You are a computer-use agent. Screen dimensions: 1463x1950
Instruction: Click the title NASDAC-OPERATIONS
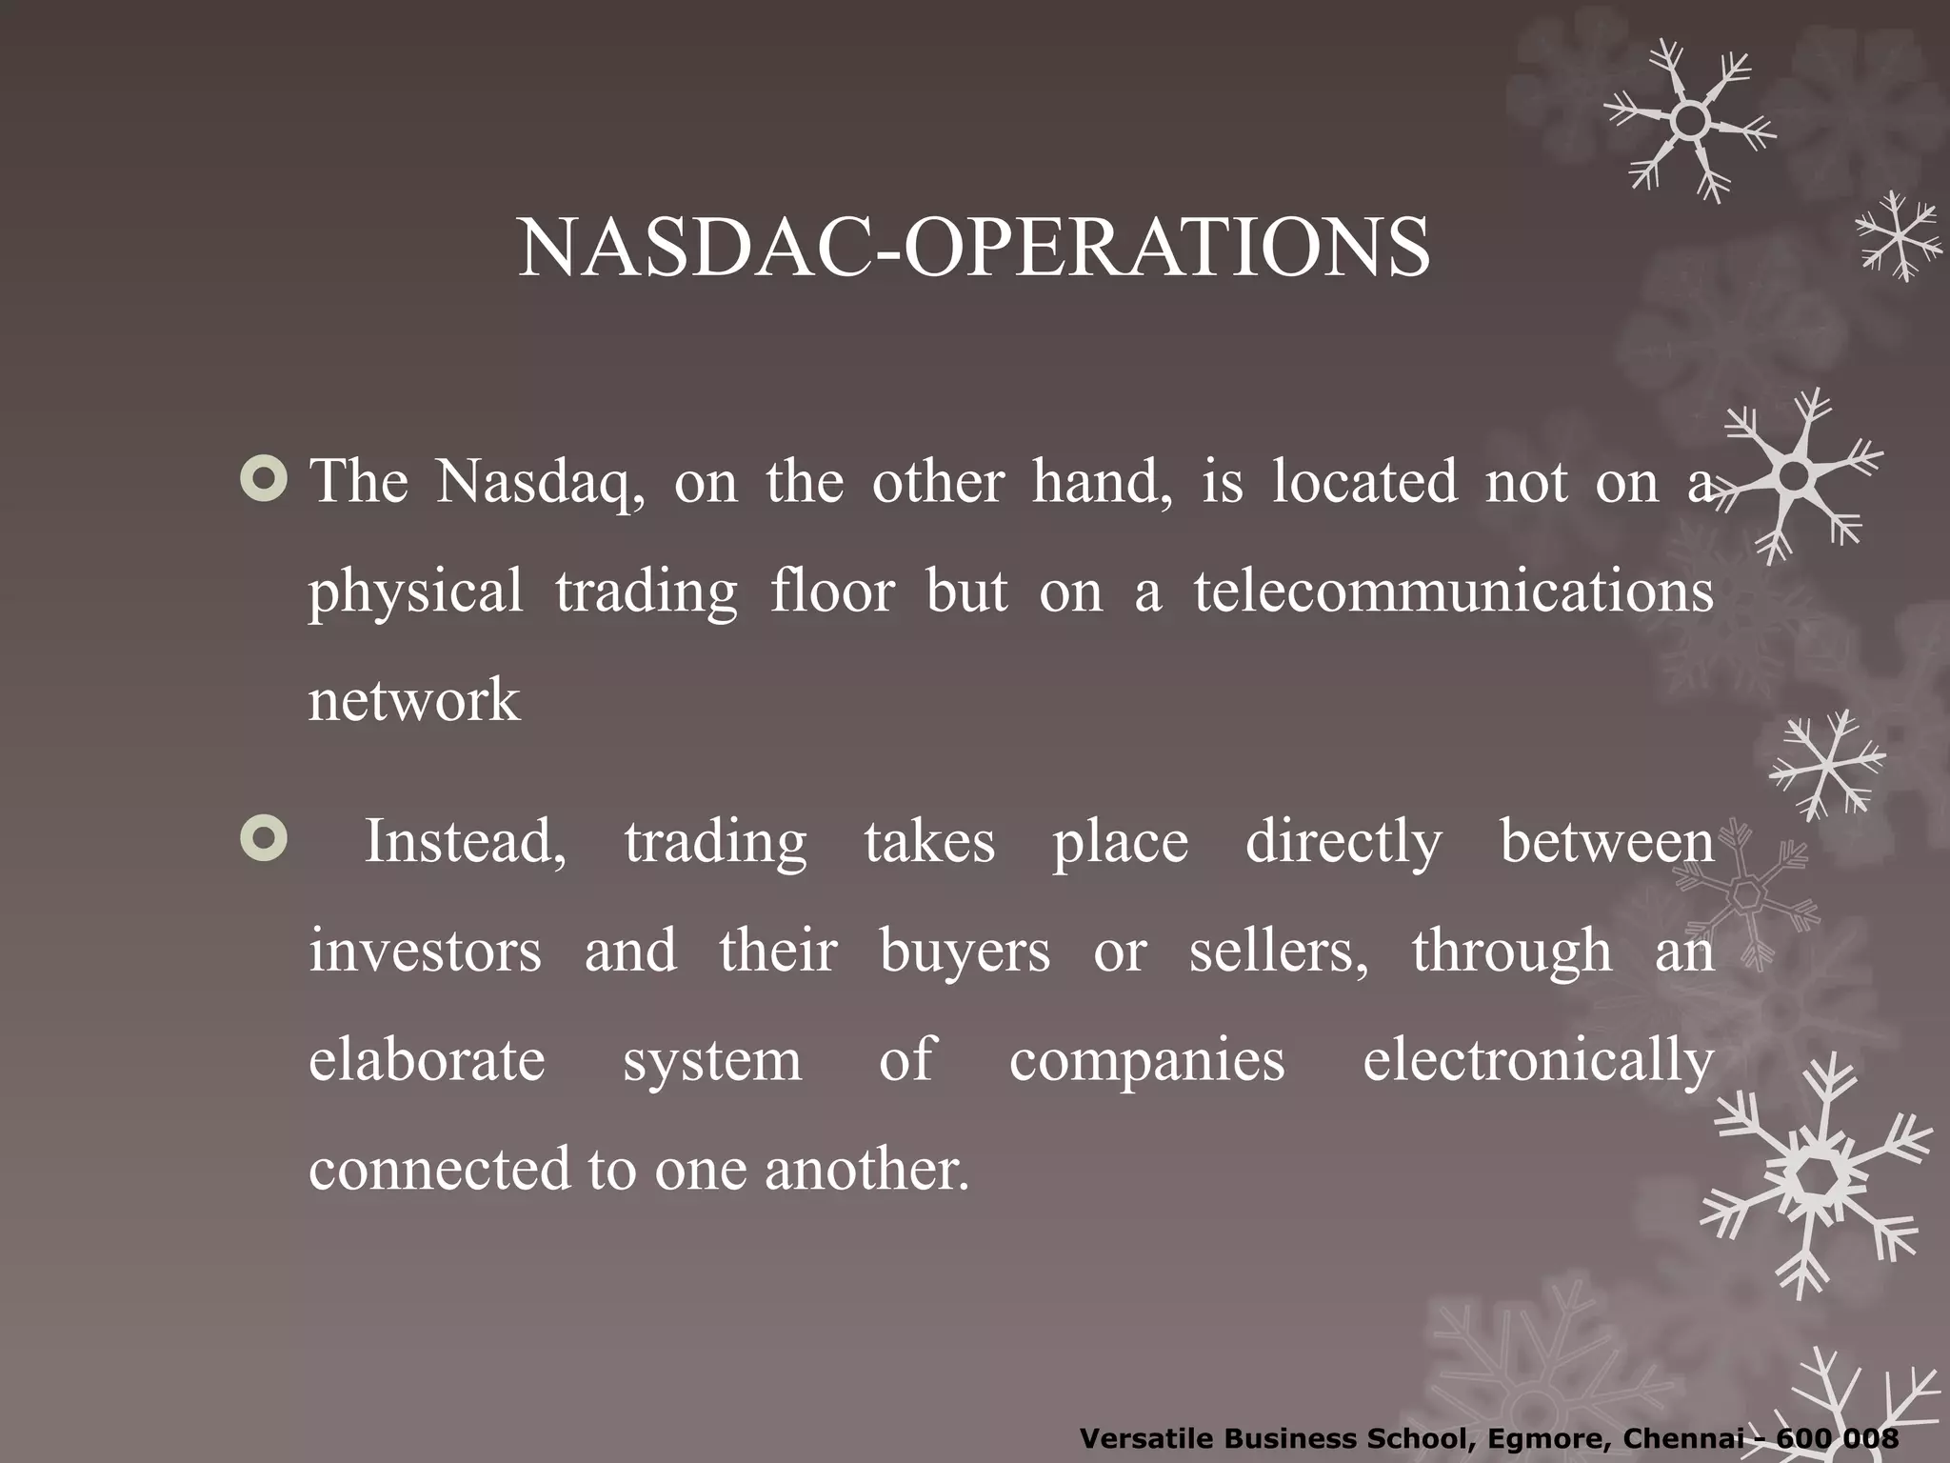pos(973,248)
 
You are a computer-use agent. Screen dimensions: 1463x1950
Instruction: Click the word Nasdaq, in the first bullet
pos(540,482)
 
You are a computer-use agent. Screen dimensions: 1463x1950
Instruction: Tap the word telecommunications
pos(1453,591)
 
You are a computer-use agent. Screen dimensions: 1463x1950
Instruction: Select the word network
pos(414,700)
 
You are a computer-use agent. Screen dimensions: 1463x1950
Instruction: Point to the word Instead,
pos(465,842)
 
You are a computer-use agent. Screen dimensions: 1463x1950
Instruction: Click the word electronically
pos(1538,1061)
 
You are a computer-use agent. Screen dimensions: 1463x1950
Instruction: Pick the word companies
pos(1146,1061)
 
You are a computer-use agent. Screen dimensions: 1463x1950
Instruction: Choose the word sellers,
pos(1279,952)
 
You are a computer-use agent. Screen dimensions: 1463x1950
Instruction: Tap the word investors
pos(425,952)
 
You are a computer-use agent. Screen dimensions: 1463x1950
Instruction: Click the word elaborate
pos(427,1061)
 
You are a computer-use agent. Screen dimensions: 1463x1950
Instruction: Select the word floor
pos(832,591)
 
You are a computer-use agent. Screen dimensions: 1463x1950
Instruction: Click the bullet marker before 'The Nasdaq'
pos(264,479)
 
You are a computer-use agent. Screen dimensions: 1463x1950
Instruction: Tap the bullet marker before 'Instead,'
pos(264,839)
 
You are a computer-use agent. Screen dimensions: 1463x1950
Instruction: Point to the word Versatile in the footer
pos(1145,1438)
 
